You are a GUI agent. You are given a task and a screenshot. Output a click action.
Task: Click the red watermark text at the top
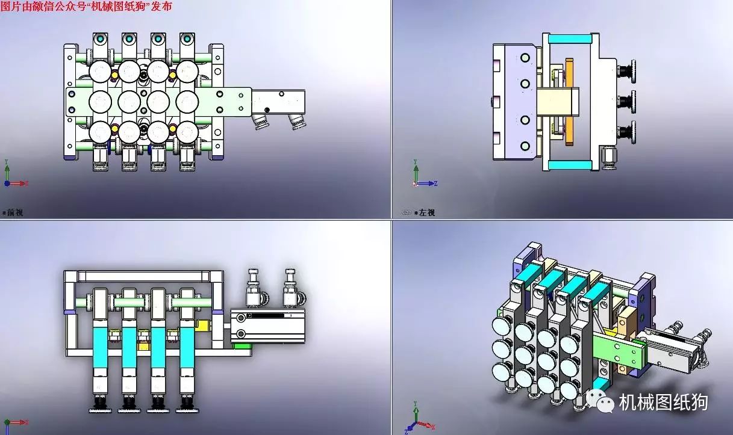pyautogui.click(x=86, y=6)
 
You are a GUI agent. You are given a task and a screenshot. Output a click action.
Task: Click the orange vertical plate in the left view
pyautogui.click(x=569, y=101)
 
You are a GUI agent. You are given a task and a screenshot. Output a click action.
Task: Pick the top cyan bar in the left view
pyautogui.click(x=570, y=40)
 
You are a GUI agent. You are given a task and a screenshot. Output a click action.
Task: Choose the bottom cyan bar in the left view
pyautogui.click(x=570, y=165)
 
